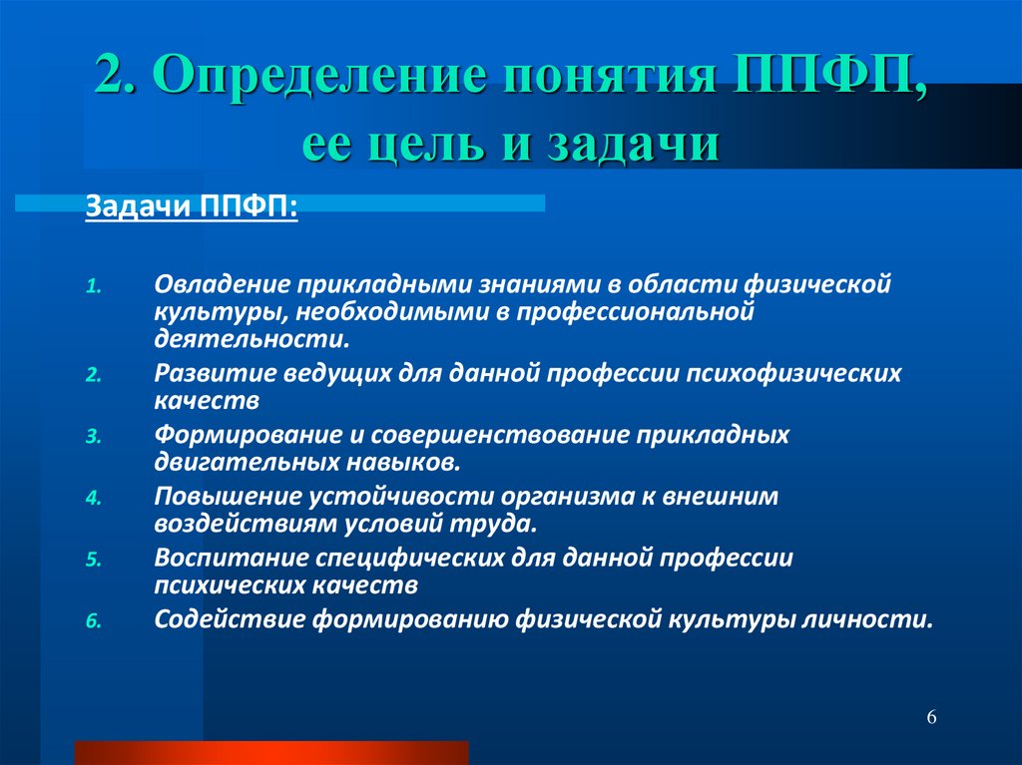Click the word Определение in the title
pyautogui.click(x=319, y=75)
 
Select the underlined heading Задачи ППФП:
pyautogui.click(x=192, y=207)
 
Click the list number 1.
pyautogui.click(x=94, y=286)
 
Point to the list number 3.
pyautogui.click(x=94, y=437)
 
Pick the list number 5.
pyautogui.click(x=94, y=560)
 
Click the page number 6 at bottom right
pyautogui.click(x=931, y=717)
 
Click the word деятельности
pyautogui.click(x=252, y=339)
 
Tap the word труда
pyautogui.click(x=497, y=525)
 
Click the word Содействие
pyautogui.click(x=231, y=619)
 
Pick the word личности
pyautogui.click(x=867, y=619)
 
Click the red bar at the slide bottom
pyautogui.click(x=271, y=753)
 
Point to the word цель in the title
pyautogui.click(x=426, y=145)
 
